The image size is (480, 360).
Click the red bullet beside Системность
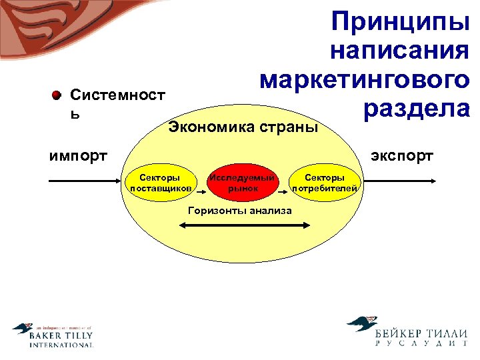click(x=57, y=95)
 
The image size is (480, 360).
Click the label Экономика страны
click(x=243, y=127)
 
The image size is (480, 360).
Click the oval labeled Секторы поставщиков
click(x=160, y=183)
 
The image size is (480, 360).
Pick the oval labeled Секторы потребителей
click(x=325, y=183)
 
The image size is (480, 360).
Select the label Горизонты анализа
click(x=240, y=211)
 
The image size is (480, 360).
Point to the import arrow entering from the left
click(x=83, y=181)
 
